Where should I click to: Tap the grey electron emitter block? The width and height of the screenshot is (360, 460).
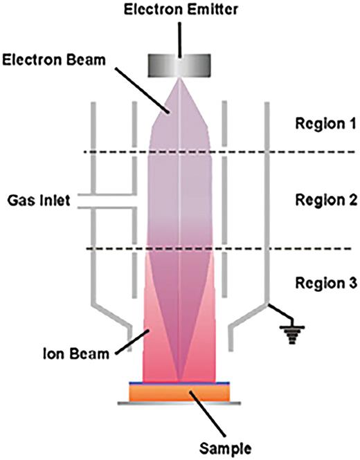point(181,66)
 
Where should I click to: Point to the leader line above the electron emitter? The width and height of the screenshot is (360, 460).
point(181,35)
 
